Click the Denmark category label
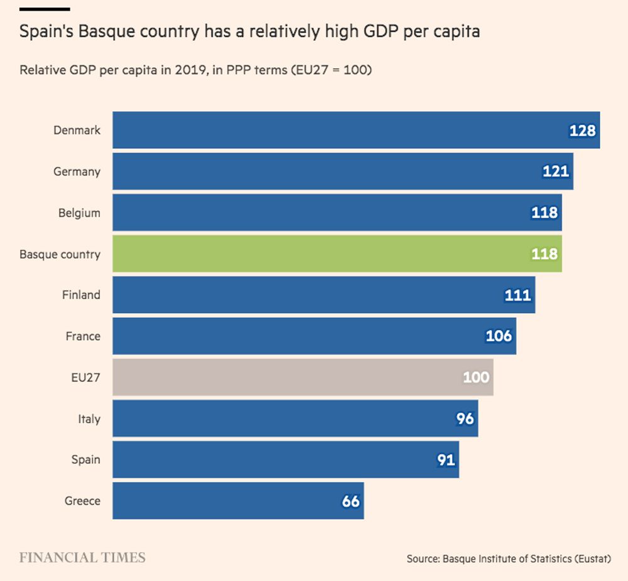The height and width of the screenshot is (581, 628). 77,131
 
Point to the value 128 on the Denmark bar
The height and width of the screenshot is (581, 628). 582,131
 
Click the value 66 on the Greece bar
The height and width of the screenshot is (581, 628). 351,501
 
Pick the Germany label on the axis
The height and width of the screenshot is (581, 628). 77,171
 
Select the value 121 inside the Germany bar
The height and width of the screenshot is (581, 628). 556,171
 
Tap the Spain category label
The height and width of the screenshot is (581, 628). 85,459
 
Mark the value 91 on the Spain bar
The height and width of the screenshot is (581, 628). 446,460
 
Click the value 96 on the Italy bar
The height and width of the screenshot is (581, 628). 465,418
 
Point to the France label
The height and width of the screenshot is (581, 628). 83,336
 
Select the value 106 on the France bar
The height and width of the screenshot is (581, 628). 499,336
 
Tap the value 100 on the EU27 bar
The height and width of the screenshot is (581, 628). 476,377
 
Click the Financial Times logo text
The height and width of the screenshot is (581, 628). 82,557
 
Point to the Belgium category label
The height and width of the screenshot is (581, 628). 79,213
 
